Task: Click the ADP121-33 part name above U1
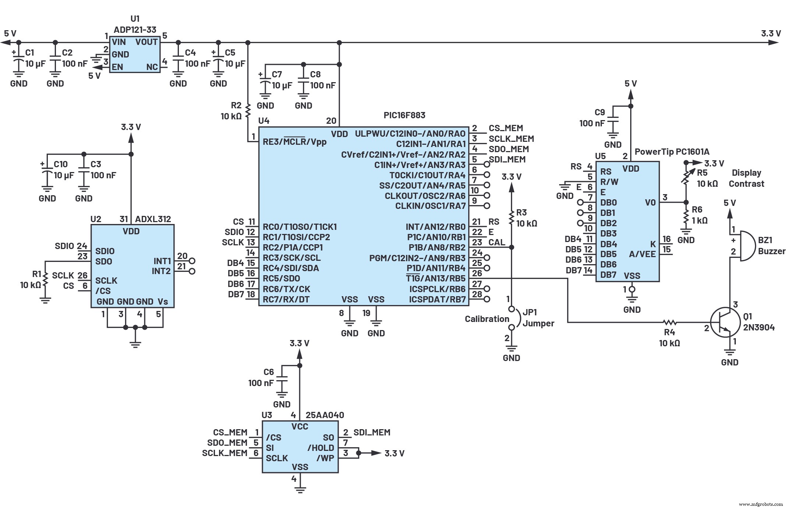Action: coord(135,29)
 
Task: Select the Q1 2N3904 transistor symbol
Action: coord(724,322)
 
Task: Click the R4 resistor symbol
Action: coord(670,322)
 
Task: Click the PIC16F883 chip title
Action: coord(404,115)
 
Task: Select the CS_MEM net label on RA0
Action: coord(505,128)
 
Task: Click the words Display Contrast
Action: coord(746,178)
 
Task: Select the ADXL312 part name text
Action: coord(153,219)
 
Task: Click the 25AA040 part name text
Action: coord(325,415)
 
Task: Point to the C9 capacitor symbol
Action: coord(613,122)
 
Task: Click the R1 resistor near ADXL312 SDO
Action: coord(45,279)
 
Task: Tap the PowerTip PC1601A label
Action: coord(672,152)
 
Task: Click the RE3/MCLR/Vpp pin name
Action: coord(294,142)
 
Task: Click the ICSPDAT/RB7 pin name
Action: coord(437,299)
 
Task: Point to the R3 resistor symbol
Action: coord(511,217)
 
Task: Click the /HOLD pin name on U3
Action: coord(321,448)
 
